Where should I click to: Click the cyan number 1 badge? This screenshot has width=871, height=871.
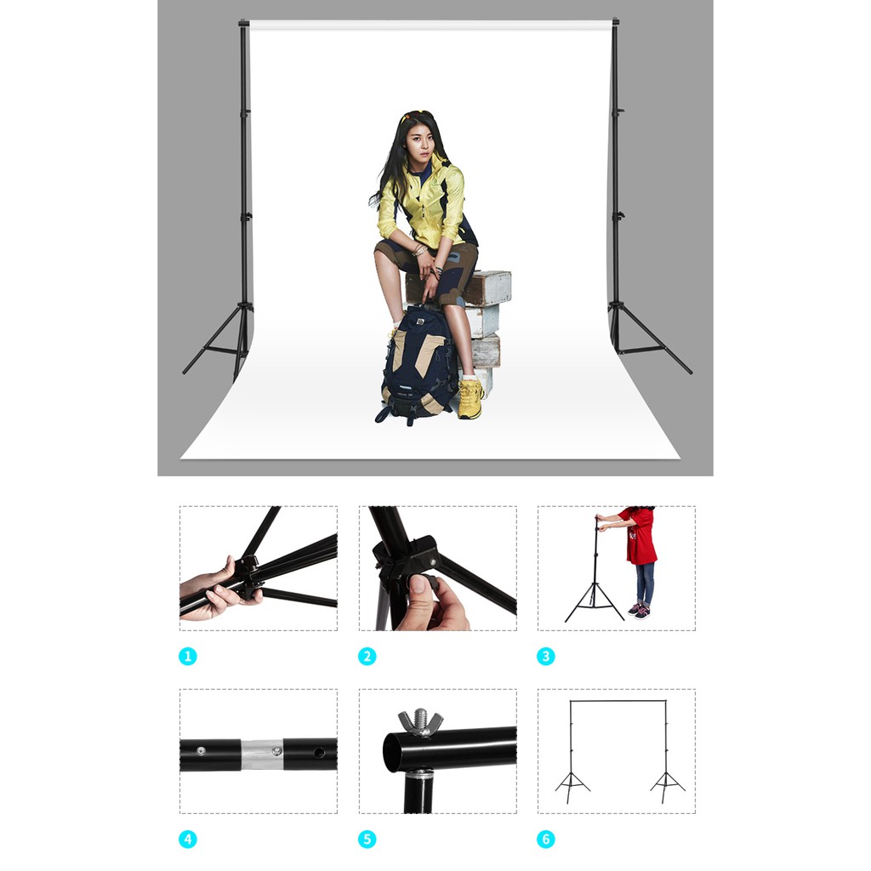coord(188,657)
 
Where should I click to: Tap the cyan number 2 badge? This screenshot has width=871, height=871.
coord(367,657)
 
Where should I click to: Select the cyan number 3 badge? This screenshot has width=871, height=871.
coord(546,657)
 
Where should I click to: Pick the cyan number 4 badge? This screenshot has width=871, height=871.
coord(188,840)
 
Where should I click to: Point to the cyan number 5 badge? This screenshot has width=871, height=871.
coord(367,840)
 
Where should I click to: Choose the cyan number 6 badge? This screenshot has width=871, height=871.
coord(546,840)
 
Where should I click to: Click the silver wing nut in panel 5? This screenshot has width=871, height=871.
coord(420,721)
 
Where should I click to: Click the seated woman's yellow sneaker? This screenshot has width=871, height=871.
coord(470,399)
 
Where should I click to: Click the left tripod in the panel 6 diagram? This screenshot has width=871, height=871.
coord(572,784)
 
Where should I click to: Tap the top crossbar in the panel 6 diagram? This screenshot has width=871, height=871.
coord(618,701)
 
